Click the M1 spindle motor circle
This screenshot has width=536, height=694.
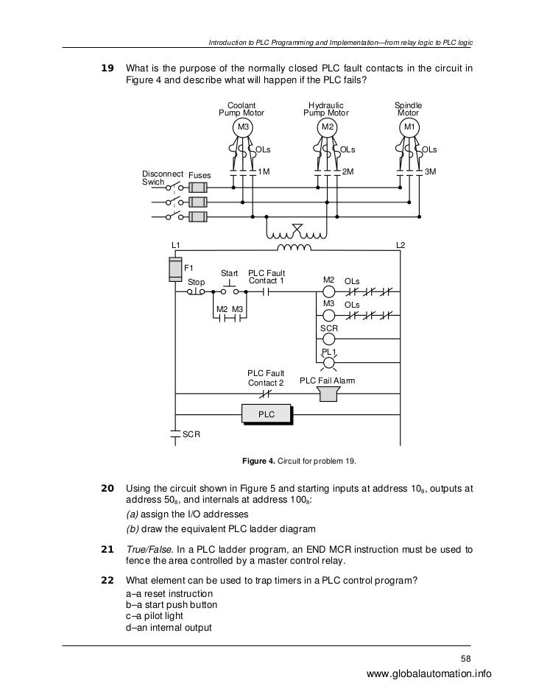[x=409, y=129]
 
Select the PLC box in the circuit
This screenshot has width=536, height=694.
[x=266, y=415]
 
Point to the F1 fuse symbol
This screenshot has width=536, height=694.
[x=175, y=269]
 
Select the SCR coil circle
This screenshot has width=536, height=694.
[x=328, y=339]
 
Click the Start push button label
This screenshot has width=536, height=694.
[x=230, y=274]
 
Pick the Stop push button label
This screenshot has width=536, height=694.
[x=197, y=282]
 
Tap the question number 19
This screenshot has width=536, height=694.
[x=107, y=69]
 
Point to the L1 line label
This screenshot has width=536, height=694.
[x=176, y=244]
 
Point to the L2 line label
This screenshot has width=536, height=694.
[x=401, y=244]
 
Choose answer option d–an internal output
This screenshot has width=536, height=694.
[x=169, y=628]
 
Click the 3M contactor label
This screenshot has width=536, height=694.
[x=431, y=171]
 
